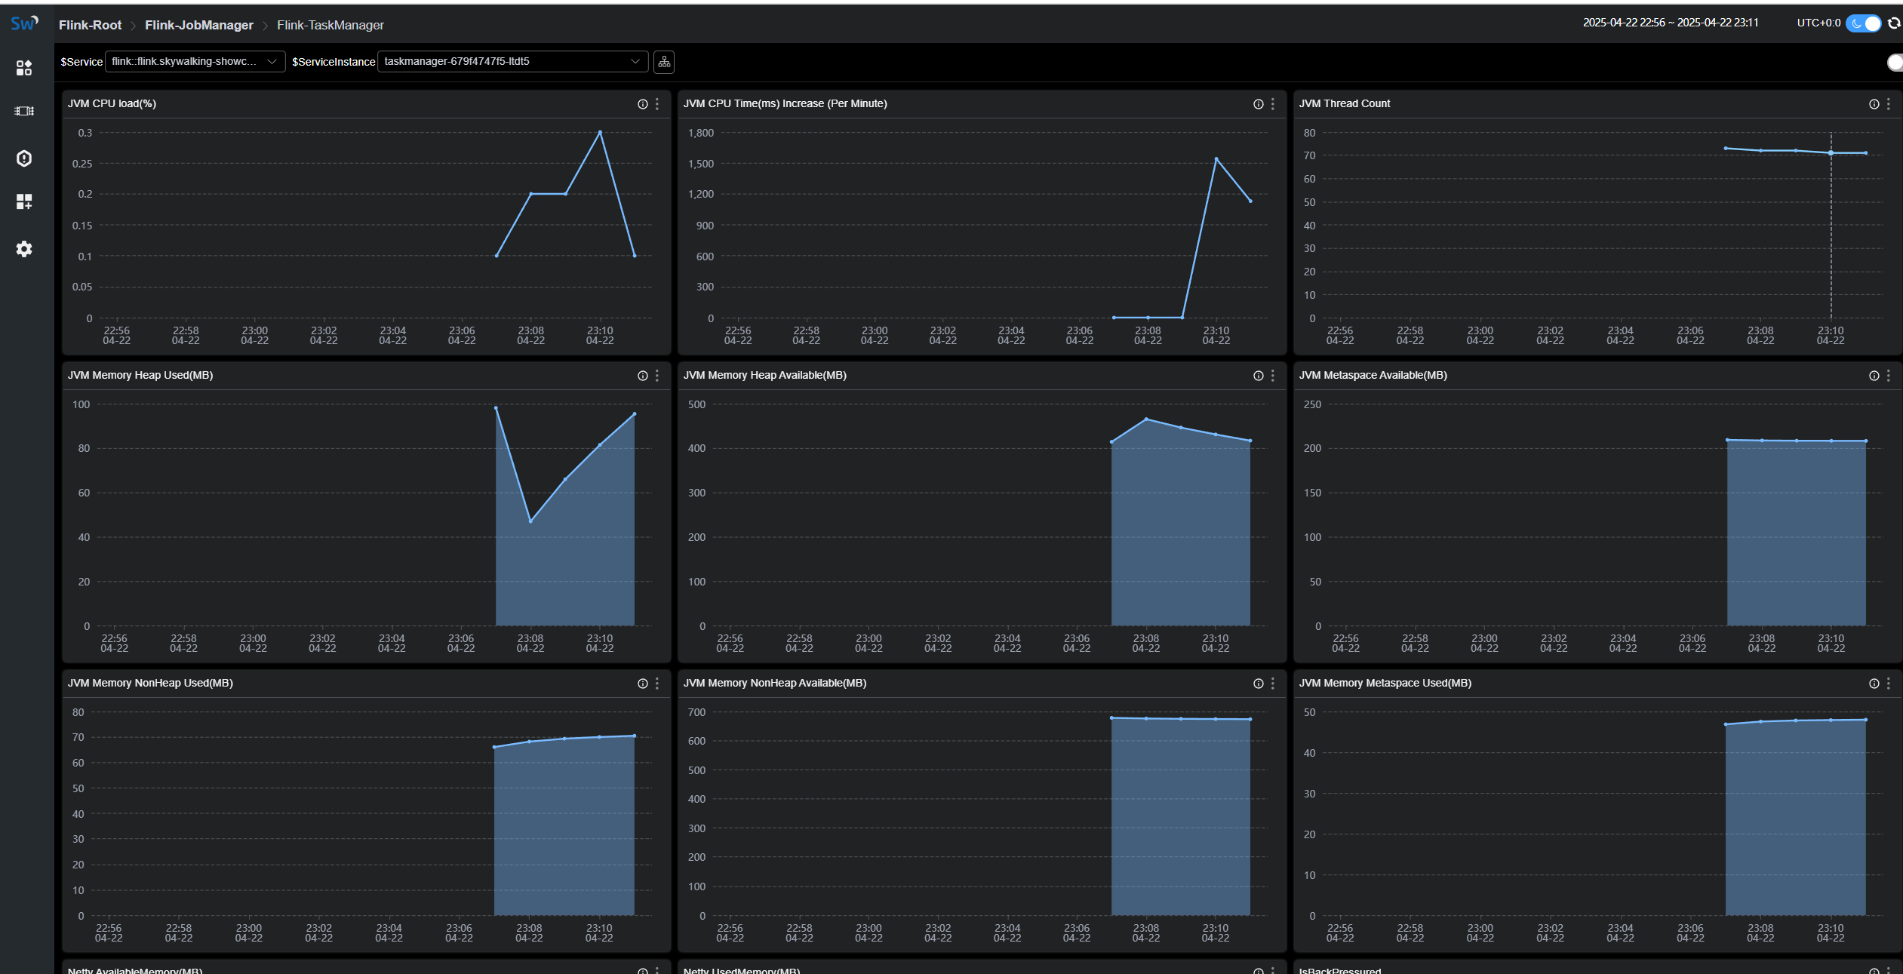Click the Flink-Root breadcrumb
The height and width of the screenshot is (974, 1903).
click(90, 25)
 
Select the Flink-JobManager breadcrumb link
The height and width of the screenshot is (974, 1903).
click(199, 25)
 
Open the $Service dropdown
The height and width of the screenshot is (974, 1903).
click(195, 61)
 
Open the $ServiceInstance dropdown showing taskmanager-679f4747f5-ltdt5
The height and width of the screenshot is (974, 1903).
click(512, 61)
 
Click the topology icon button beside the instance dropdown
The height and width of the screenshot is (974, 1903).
click(664, 62)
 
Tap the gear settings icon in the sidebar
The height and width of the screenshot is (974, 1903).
click(24, 249)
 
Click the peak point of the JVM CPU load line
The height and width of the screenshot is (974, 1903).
click(600, 132)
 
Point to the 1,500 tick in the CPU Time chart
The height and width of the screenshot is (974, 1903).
click(701, 164)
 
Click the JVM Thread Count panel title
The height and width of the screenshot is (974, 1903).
click(1344, 103)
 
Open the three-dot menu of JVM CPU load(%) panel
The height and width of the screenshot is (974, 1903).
click(657, 104)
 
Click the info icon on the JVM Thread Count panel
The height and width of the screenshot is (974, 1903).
click(1874, 104)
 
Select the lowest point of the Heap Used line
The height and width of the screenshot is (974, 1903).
click(530, 521)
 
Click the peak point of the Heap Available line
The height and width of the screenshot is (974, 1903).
click(1146, 419)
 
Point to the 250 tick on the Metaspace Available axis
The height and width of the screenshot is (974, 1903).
click(1312, 404)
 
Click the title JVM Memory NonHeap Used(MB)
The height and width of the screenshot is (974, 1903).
click(150, 683)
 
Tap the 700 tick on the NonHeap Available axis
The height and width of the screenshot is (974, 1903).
click(696, 712)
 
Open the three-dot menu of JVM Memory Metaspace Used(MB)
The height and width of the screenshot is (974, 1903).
click(1889, 684)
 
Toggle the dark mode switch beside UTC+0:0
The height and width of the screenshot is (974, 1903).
click(1863, 23)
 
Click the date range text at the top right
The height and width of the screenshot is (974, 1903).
click(1670, 23)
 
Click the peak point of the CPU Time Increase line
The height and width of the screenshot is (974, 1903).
click(1216, 158)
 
